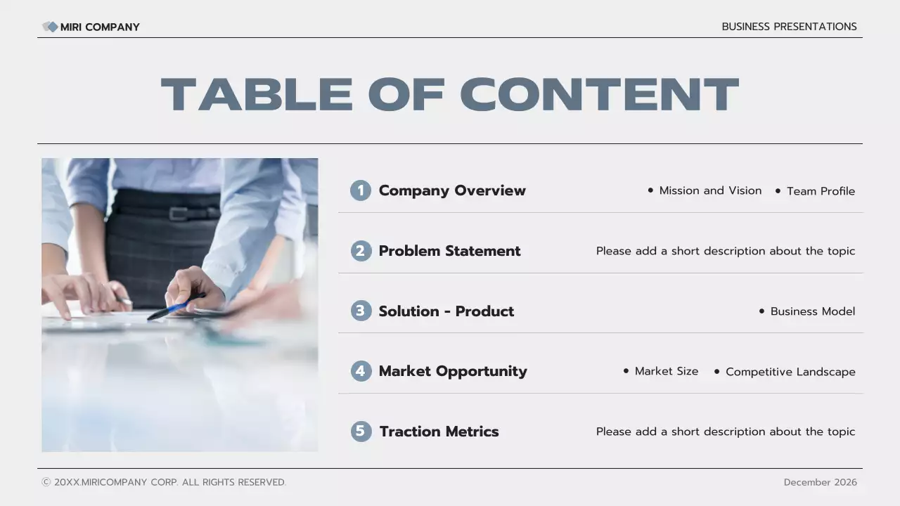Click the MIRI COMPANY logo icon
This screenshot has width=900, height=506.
50,27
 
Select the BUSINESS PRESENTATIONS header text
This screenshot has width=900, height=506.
789,27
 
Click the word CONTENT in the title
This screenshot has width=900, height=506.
599,95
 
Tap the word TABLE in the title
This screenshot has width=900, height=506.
257,95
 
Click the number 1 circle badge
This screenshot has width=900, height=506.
361,190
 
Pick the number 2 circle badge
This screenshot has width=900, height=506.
361,251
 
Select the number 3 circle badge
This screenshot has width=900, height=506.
361,311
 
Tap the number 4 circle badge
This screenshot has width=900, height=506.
361,371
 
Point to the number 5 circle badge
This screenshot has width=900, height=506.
361,432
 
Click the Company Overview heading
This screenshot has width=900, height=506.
452,190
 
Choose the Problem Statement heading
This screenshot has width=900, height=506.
449,251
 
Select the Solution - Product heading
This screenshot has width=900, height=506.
446,311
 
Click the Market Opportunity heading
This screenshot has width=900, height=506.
453,371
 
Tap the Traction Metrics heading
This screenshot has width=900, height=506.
439,432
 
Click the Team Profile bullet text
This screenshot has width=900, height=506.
821,191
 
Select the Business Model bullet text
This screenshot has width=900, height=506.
812,311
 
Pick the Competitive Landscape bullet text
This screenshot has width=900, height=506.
790,372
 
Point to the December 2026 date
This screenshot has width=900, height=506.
820,482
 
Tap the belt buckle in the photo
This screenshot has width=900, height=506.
179,214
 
